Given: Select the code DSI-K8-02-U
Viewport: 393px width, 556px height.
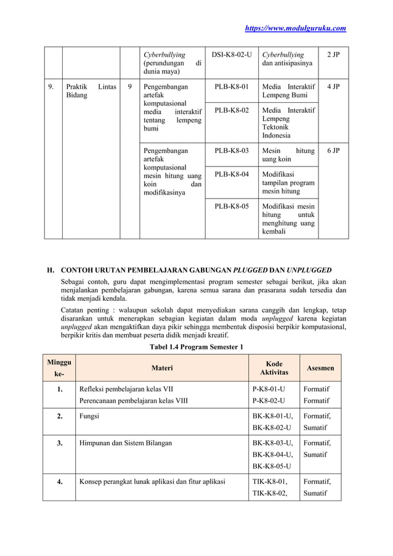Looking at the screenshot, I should pos(231,55).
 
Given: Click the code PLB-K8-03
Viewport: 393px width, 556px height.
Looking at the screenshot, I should pos(231,150).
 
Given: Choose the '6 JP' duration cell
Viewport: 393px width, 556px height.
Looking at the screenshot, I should pos(333,150).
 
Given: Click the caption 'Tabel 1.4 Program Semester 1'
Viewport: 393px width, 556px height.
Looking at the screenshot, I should pos(197,347).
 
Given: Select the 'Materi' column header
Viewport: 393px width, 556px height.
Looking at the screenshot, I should pos(162,368).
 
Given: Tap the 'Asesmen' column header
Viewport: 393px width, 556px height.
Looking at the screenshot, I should pos(320,368).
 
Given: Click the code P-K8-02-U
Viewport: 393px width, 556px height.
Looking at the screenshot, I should pos(269,401).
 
